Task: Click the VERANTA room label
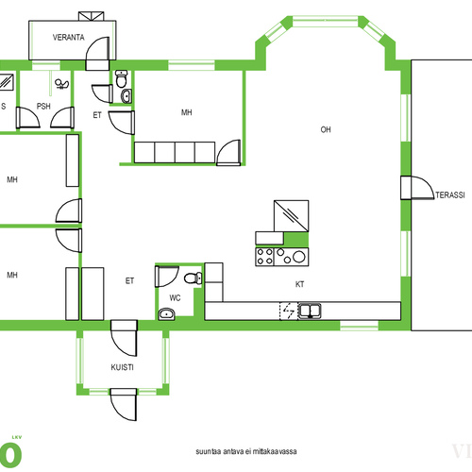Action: point(69,38)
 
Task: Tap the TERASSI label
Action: point(450,195)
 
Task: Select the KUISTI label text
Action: point(122,367)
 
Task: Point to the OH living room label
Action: point(326,129)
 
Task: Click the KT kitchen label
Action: point(299,284)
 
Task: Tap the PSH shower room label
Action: point(43,107)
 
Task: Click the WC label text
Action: point(175,297)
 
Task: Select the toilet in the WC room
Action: point(194,278)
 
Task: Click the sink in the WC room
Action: point(166,313)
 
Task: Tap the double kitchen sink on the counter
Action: point(310,311)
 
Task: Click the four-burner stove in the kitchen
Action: point(264,257)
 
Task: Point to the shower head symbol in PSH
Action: point(61,84)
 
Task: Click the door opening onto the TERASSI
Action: point(417,188)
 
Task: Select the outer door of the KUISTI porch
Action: point(124,405)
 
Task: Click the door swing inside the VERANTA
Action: point(97,49)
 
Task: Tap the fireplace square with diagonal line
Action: point(291,216)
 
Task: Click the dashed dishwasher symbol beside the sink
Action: point(289,311)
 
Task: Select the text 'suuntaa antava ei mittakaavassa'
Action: point(246,451)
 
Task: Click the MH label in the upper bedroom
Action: point(187,112)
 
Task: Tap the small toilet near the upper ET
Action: point(121,78)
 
